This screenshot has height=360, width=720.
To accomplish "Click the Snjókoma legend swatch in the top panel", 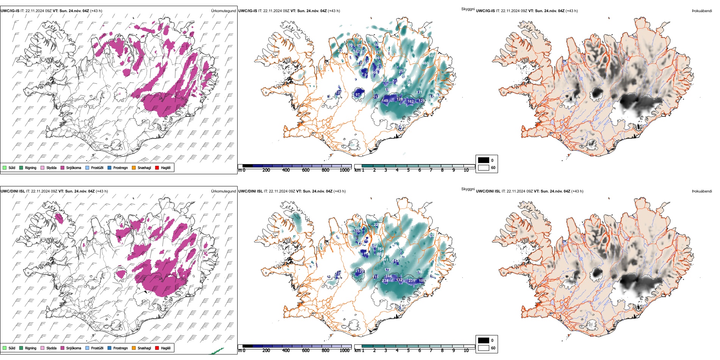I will (63, 167).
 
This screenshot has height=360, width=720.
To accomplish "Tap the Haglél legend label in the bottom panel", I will (166, 348).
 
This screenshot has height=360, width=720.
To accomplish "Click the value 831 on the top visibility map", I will (431, 56).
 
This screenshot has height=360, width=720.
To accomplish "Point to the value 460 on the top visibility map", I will (426, 63).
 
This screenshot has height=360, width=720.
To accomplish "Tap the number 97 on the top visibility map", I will (357, 95).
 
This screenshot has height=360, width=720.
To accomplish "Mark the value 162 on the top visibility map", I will (410, 102).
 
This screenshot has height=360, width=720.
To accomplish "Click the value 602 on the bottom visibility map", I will (380, 254).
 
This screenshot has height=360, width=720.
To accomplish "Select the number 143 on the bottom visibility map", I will (396, 261).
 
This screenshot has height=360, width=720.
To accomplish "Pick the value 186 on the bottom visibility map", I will (419, 272).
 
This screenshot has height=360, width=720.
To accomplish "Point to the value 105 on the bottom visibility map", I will (357, 231).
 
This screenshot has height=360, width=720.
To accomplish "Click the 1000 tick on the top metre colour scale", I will (344, 170).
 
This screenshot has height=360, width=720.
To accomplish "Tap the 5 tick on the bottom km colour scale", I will (408, 351).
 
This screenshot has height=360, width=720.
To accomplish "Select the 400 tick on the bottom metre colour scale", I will (286, 351).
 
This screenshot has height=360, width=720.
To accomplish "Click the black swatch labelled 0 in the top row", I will (484, 160).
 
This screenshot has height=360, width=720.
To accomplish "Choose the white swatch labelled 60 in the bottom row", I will (484, 348).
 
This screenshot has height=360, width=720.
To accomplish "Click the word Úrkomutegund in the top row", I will (223, 11).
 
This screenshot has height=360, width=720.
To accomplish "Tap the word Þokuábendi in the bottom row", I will (702, 191).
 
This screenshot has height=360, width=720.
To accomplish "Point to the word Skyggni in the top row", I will (468, 9).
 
